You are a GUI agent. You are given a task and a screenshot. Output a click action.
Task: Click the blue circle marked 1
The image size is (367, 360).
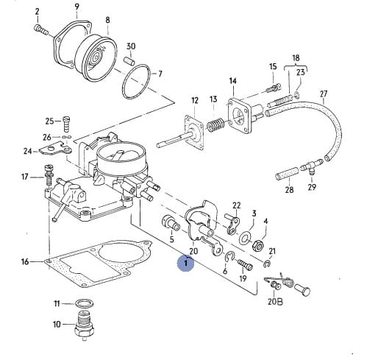pyautogui.click(x=186, y=263)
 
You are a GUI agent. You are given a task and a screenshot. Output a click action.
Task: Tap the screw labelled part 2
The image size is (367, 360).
pyautogui.click(x=40, y=29)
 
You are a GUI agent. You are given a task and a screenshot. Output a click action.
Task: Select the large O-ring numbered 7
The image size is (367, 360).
pyautogui.click(x=137, y=82)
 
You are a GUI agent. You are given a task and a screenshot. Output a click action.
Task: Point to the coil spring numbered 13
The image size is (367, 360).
pyautogui.click(x=215, y=124)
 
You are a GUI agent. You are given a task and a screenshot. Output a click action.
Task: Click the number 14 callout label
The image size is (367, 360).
pyautogui.click(x=233, y=81)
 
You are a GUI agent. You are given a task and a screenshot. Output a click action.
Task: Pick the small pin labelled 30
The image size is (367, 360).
pyautogui.click(x=129, y=60)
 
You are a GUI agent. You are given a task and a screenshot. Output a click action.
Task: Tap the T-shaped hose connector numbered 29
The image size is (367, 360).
pyautogui.click(x=312, y=167)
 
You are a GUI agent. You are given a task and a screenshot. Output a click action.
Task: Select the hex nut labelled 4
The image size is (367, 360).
pyautogui.click(x=257, y=245)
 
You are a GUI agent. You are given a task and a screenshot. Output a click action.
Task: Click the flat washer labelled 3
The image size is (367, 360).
pyautogui.click(x=245, y=237)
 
